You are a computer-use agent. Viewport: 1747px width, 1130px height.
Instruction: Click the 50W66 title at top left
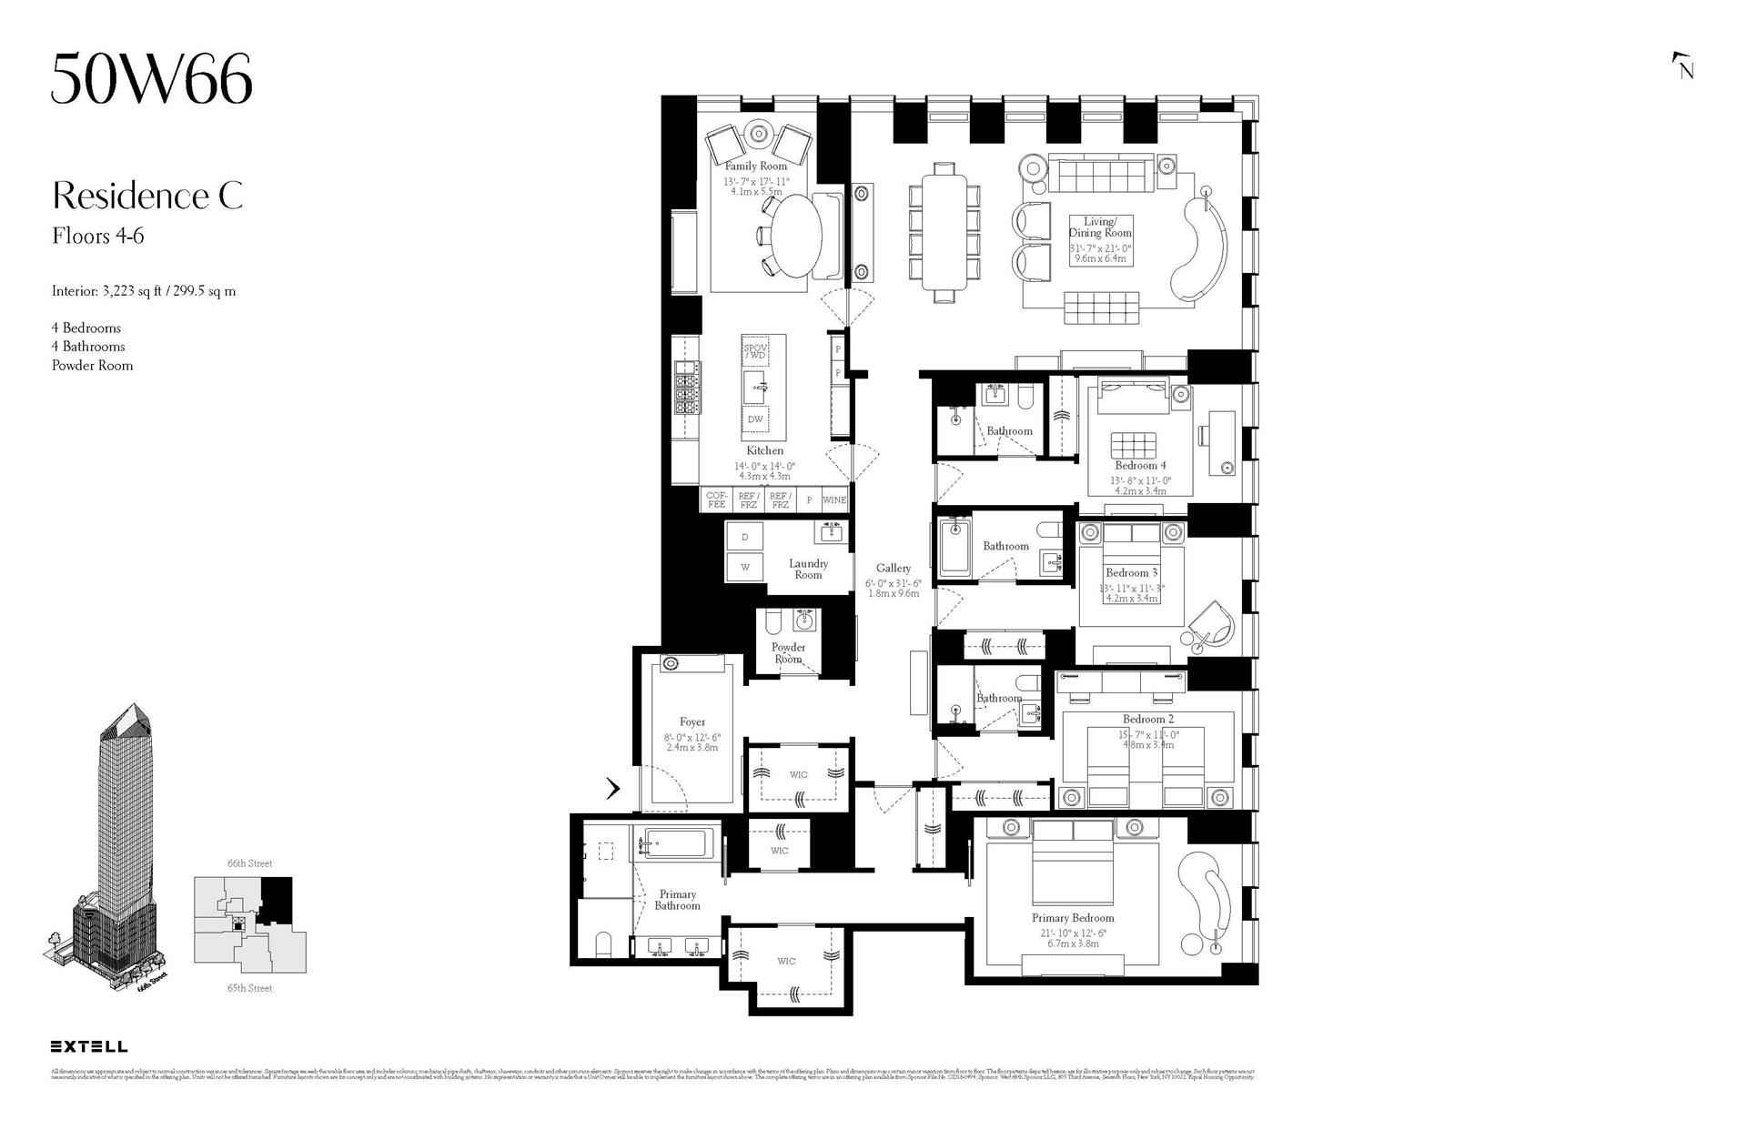(x=151, y=80)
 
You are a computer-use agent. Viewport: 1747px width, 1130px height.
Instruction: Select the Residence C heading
(x=147, y=197)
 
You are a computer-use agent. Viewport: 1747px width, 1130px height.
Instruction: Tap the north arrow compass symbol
(x=1683, y=66)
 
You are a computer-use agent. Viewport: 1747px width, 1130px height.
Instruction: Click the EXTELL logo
(x=89, y=1046)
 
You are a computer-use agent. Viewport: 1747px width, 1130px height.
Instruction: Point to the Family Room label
(x=756, y=166)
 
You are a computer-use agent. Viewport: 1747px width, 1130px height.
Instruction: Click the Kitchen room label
(x=764, y=450)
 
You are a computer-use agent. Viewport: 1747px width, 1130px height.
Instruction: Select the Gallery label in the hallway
(x=894, y=569)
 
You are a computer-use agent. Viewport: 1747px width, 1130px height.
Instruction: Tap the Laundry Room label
(x=808, y=569)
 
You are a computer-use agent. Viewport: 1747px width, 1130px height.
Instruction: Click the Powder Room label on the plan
(x=788, y=653)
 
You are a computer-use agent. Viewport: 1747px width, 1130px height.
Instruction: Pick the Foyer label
(x=692, y=722)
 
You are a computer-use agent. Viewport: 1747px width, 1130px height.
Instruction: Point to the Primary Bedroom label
(x=1073, y=918)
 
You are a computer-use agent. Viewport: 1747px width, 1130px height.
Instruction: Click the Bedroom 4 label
(x=1140, y=466)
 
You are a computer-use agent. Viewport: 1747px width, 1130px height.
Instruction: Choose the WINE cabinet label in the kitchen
(x=834, y=500)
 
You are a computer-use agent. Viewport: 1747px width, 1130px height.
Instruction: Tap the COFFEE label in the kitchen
(x=717, y=500)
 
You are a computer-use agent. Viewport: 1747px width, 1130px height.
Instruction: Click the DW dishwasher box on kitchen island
(x=755, y=419)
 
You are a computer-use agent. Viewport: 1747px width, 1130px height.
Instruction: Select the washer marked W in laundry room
(x=745, y=567)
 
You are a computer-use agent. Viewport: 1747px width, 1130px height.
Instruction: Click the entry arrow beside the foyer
(x=613, y=788)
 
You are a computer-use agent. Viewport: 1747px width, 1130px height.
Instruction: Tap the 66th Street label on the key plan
(x=249, y=863)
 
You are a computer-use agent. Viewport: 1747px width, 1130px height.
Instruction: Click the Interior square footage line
(x=144, y=292)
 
